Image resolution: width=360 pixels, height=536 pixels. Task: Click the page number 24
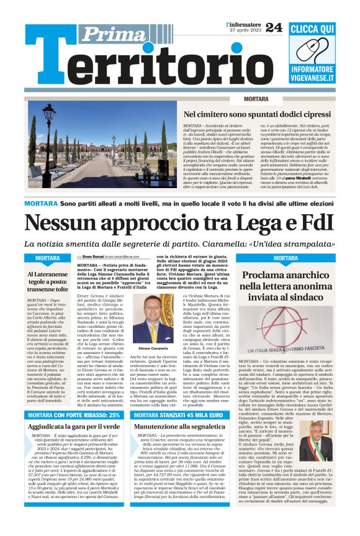(274, 27)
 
